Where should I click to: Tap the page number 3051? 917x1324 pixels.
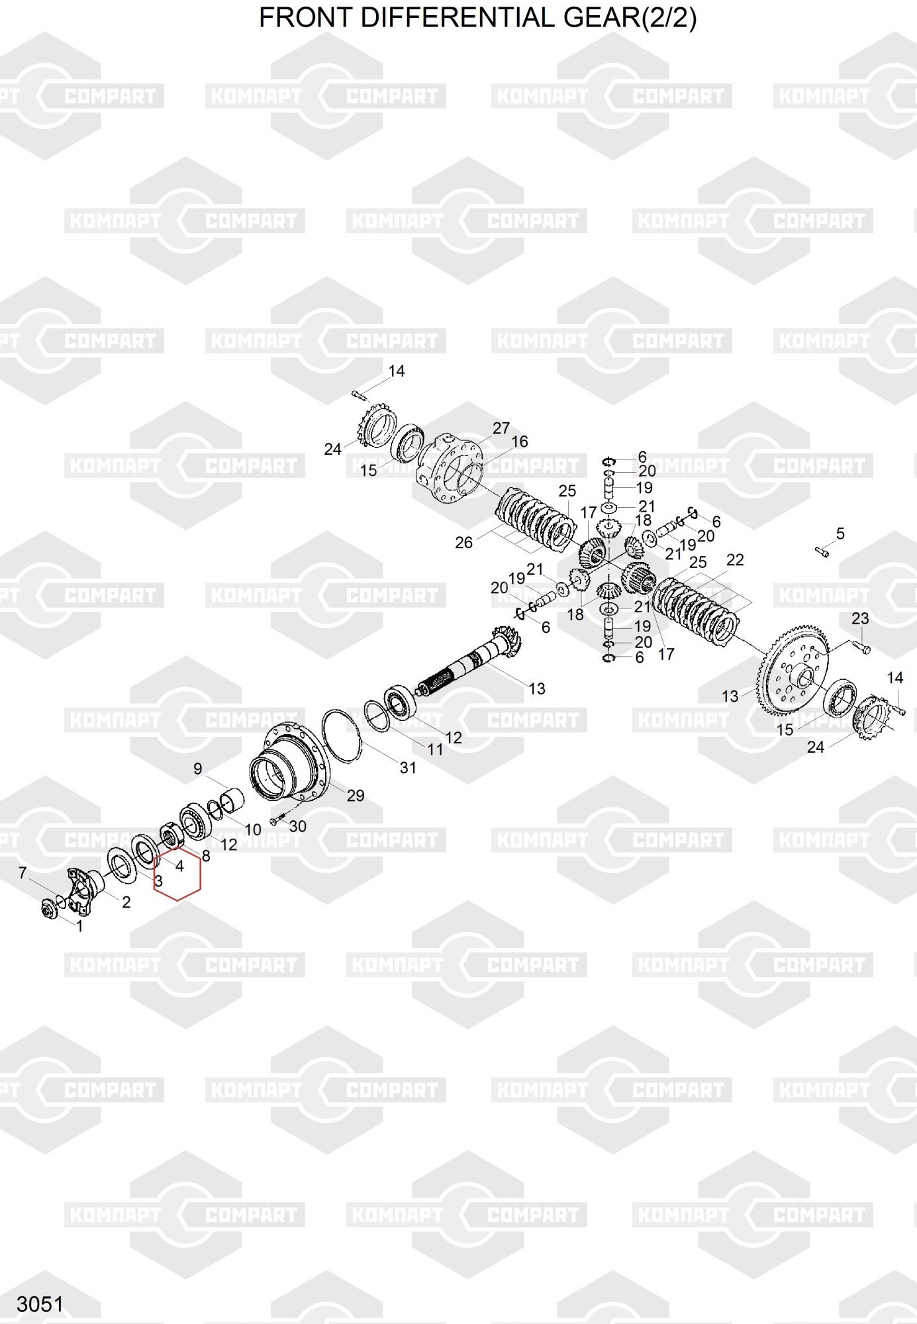(x=40, y=1304)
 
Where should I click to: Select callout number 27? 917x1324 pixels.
(x=501, y=428)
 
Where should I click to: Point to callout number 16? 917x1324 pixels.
(x=520, y=442)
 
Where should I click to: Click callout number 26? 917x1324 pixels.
(x=463, y=543)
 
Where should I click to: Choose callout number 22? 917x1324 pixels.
(x=735, y=560)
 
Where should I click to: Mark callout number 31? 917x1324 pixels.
(x=408, y=767)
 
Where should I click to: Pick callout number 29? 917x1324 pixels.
(x=356, y=795)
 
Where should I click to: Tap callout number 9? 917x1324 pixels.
(x=197, y=769)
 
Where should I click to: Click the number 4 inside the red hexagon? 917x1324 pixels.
(x=179, y=865)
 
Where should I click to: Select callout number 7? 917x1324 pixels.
(x=23, y=873)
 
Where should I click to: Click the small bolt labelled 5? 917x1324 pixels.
(x=822, y=550)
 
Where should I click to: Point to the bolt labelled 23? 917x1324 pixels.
(x=860, y=645)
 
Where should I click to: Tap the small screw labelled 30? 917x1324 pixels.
(x=277, y=820)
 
